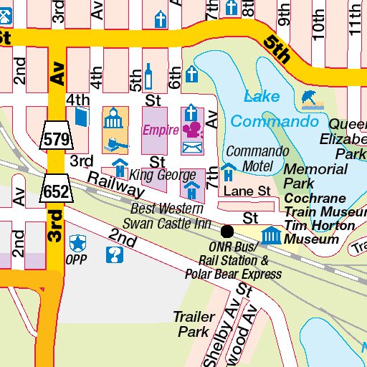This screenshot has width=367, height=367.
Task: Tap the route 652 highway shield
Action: pos(56,190)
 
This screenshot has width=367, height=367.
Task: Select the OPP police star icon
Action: pos(76,241)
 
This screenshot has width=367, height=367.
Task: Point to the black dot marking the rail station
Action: pos(227,231)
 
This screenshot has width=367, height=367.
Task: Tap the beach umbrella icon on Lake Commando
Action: pos(310,98)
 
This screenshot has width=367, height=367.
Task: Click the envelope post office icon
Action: pos(191,148)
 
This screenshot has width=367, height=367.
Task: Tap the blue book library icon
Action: pos(80,117)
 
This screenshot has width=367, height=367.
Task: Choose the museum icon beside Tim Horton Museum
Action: pos(271,235)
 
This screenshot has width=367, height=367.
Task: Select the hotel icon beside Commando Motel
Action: pos(228,172)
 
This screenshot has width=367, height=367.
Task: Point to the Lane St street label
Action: pos(247,191)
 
